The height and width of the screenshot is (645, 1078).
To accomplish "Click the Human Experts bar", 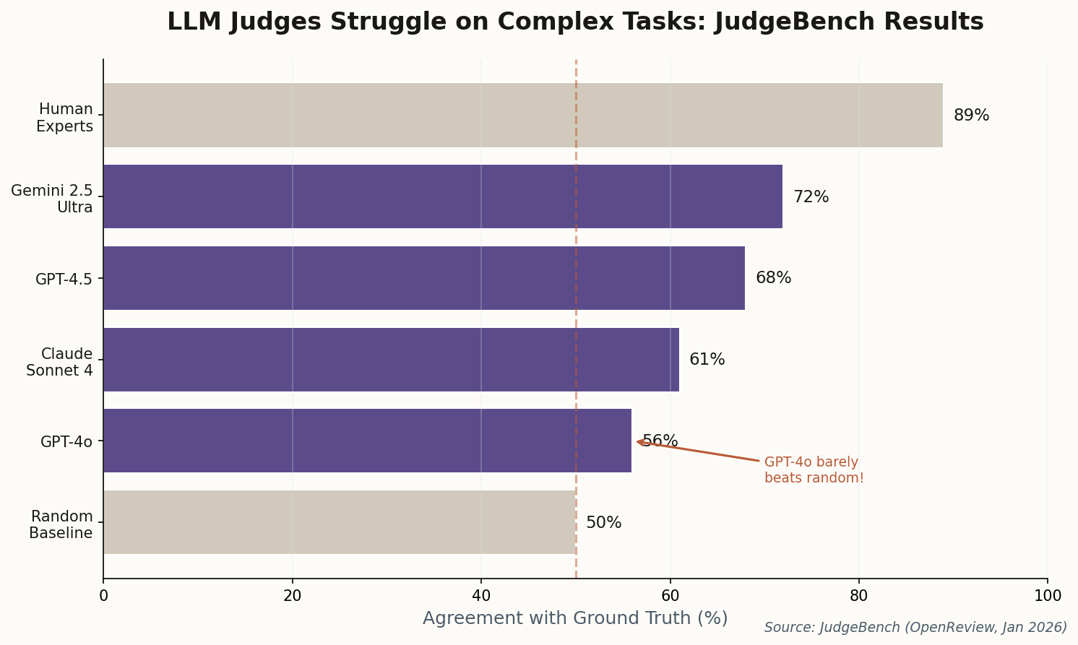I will (x=522, y=116).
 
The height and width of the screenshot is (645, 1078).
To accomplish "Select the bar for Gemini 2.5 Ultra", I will (x=442, y=196).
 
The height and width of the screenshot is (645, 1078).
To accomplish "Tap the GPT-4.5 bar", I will (x=423, y=278).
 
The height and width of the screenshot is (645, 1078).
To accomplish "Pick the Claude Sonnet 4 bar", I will (x=390, y=360).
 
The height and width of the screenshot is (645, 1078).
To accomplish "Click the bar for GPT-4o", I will (x=367, y=441).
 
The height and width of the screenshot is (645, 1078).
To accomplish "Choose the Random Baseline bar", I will (x=339, y=522).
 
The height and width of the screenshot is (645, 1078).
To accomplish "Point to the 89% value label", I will (x=971, y=116).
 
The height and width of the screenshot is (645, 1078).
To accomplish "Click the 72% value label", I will (x=811, y=197).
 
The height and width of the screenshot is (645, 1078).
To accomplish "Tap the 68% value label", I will (x=773, y=278).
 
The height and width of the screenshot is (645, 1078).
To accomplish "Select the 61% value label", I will (x=707, y=360).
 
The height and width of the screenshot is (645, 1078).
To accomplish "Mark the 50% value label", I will (x=603, y=523).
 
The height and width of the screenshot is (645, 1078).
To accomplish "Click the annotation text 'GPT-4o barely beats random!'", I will (x=814, y=470).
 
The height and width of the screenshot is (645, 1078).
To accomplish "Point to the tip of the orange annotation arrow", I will (x=637, y=441).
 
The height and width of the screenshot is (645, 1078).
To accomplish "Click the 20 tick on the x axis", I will (x=292, y=596).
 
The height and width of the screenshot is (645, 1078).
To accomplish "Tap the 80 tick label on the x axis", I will (x=858, y=596).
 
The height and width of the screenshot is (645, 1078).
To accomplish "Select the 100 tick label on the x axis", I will (x=1047, y=596).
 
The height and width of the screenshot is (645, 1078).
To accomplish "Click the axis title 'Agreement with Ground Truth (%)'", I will (x=575, y=618).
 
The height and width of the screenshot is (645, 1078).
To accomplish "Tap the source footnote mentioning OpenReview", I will (x=915, y=628).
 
